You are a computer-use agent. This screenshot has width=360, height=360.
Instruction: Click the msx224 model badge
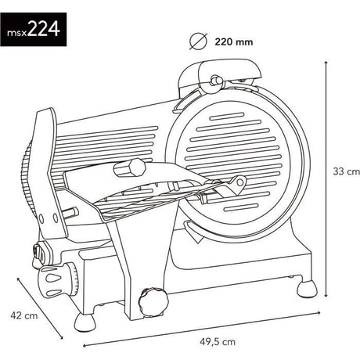[33, 29]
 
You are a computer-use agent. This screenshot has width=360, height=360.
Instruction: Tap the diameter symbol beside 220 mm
[198, 41]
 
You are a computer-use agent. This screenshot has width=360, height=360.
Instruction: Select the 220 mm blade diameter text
[234, 41]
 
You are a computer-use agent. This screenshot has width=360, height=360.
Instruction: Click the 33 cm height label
[346, 171]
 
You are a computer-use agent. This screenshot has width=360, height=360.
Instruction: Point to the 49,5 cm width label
[218, 341]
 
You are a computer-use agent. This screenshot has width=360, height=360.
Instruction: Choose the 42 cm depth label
[24, 315]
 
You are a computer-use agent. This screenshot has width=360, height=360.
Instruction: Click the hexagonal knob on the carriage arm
[130, 168]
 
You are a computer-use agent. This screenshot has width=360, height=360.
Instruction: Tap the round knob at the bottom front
[153, 302]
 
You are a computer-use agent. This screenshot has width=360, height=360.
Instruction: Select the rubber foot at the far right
[308, 289]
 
